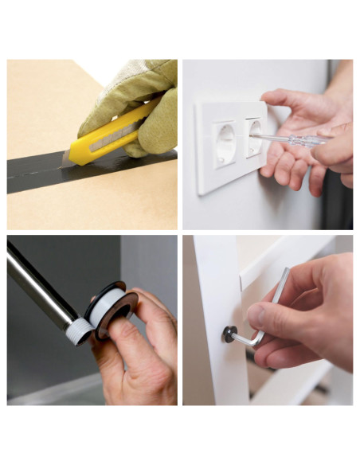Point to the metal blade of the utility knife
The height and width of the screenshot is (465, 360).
pyautogui.click(x=66, y=158)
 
